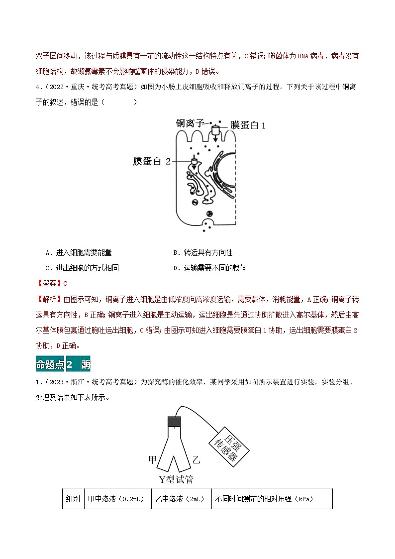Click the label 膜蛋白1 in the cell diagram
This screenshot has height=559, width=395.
pos(248,125)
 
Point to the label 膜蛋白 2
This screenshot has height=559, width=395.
pos(152,161)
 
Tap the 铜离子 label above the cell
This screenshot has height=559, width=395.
pos(191,123)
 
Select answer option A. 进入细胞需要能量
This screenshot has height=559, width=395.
pos(78,253)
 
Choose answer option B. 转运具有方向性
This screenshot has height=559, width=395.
pos(203,253)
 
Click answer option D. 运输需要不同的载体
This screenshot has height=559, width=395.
pos(210,268)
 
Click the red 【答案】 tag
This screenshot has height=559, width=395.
pos(49,283)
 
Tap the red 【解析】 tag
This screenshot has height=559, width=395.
pos(49,299)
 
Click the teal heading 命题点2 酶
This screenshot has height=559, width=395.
pos(63,364)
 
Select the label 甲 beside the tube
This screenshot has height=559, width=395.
pos(153,459)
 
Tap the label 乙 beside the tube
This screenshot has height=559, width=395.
pos(196,460)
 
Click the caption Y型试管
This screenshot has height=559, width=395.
pos(176,480)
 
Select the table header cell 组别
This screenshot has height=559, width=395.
pos(73,499)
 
